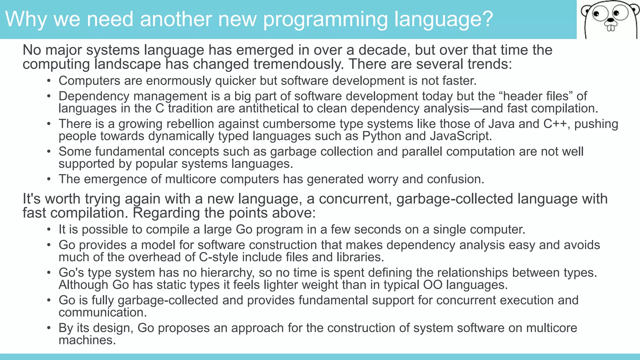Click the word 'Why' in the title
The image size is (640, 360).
[x=26, y=19]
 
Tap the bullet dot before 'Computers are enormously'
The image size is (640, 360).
[x=49, y=81]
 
